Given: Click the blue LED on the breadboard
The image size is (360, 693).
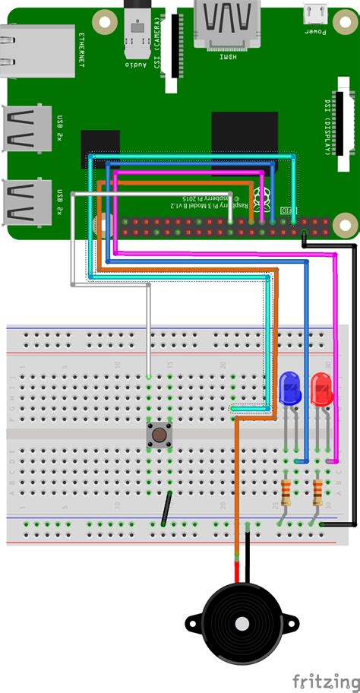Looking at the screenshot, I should [290, 388].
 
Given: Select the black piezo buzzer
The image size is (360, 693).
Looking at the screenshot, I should [241, 622].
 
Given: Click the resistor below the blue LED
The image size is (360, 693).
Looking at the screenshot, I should [286, 492].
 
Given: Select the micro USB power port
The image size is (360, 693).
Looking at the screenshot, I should [314, 13].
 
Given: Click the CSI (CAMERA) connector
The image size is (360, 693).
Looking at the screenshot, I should [175, 46].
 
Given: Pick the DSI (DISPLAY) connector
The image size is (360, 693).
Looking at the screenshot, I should [346, 125].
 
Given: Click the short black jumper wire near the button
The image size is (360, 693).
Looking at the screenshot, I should [166, 508].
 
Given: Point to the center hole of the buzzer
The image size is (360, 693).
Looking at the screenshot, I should [242, 624].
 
